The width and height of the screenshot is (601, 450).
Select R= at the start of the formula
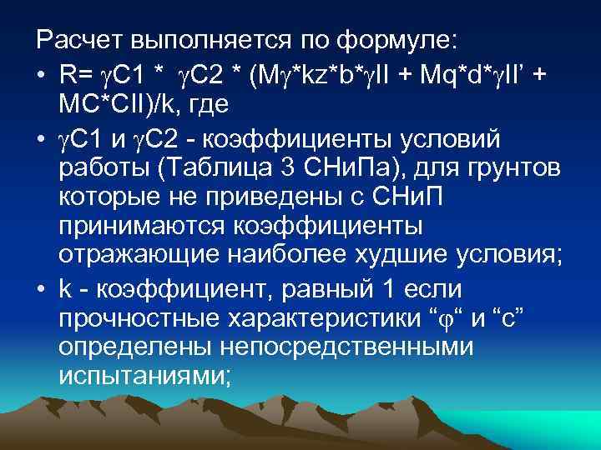coord(77,75)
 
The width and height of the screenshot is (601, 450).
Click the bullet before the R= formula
coord(41,75)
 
